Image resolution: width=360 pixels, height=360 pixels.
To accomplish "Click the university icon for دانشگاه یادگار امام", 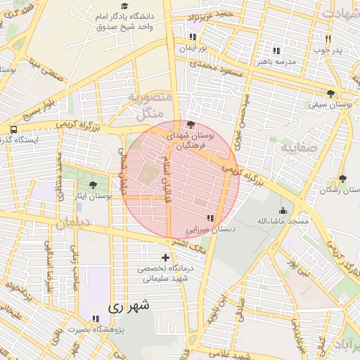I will point(95,15).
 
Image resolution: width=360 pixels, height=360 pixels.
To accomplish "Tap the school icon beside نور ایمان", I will point(193,37).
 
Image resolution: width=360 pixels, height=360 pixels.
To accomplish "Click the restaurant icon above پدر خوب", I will point(328,39).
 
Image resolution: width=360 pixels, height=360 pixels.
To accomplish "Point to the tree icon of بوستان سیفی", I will point(331,94).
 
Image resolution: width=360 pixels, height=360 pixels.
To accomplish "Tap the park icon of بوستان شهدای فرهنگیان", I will point(191,124).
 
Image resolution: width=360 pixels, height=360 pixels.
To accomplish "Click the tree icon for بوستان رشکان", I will point(342,179).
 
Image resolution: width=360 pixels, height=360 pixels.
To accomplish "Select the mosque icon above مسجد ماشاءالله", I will point(283,210).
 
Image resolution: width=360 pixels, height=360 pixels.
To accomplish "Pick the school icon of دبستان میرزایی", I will point(210,219).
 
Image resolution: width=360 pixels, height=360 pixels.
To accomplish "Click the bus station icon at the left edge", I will point(14,129).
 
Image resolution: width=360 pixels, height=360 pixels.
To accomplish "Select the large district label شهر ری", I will point(129,307).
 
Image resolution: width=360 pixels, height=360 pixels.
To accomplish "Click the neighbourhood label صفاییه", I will point(299,148).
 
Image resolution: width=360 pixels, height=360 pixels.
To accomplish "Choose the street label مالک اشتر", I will point(191,244).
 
